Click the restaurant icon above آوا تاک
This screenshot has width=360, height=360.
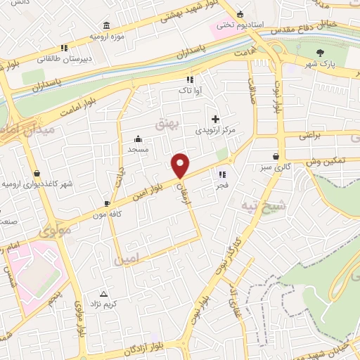click(x=189, y=79)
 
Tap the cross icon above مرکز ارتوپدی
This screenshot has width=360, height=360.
click(x=215, y=119)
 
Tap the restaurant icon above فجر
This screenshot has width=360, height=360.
click(x=222, y=174)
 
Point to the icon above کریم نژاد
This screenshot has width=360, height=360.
click(x=104, y=294)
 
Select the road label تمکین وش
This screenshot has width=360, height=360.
click(x=329, y=161)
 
